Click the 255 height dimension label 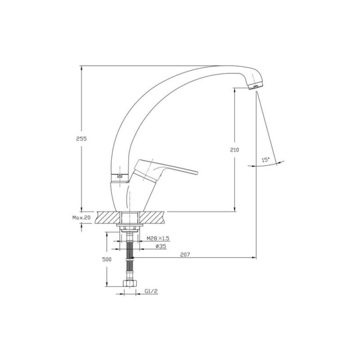[81, 139]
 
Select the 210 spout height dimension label [234, 150]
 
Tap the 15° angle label [266, 160]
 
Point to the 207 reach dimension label [185, 255]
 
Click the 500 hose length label [107, 260]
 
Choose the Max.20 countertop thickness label [81, 218]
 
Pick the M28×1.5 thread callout [158, 238]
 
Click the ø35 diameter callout [161, 246]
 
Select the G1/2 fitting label [151, 291]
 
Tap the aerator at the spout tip [255, 86]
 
